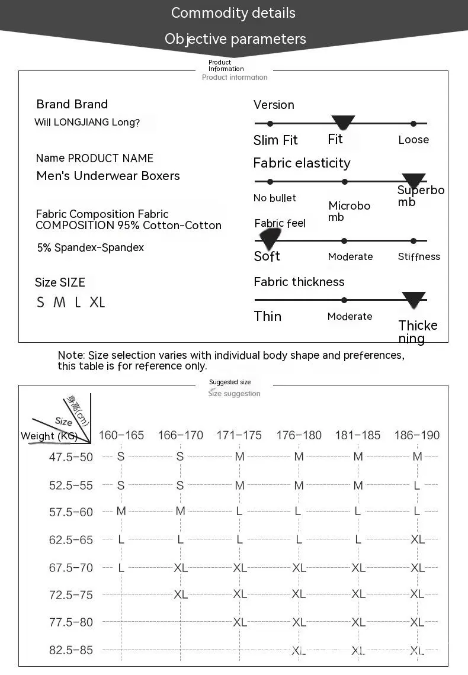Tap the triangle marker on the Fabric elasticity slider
click(x=413, y=181)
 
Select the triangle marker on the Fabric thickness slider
click(x=413, y=299)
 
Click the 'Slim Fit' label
click(x=275, y=140)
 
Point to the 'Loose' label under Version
click(x=413, y=140)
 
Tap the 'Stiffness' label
click(x=419, y=256)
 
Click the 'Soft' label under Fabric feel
click(x=267, y=256)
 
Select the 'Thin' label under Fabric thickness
click(x=268, y=316)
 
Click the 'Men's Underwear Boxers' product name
click(x=108, y=176)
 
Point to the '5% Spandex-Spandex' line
click(x=91, y=247)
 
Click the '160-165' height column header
click(x=121, y=435)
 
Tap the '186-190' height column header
click(x=417, y=435)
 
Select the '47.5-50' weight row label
click(x=71, y=457)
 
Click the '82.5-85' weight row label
click(x=71, y=650)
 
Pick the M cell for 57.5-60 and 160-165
click(x=121, y=511)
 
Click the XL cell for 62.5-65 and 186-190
click(x=417, y=539)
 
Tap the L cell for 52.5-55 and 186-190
click(x=417, y=485)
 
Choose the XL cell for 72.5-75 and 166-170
click(x=180, y=594)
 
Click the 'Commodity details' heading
click(x=233, y=13)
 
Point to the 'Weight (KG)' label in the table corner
click(x=49, y=436)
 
